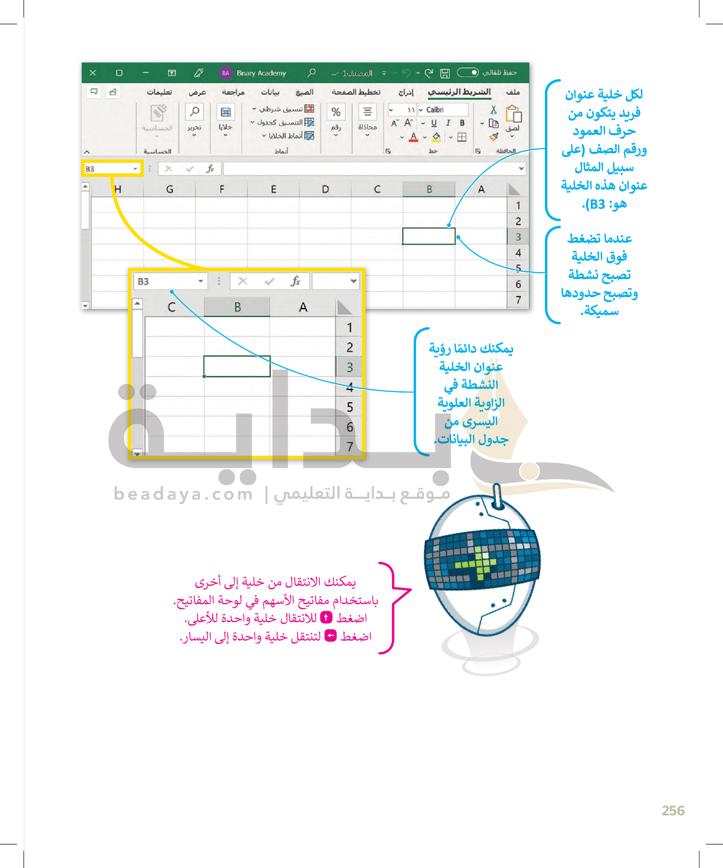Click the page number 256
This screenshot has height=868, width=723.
(673, 810)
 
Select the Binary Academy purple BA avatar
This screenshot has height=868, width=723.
(225, 73)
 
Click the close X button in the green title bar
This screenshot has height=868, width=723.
(93, 73)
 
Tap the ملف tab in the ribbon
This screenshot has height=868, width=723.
(513, 92)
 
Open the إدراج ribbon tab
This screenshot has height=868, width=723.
(406, 92)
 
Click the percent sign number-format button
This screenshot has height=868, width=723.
(336, 112)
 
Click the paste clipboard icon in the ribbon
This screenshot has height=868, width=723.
(513, 114)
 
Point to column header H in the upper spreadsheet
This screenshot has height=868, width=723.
(118, 189)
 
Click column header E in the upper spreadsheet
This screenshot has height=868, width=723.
(273, 189)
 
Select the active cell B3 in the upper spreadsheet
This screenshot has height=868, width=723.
(428, 236)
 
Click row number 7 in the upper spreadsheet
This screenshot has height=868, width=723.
(518, 300)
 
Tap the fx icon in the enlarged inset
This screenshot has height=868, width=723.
(295, 281)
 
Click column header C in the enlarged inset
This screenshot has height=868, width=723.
(172, 307)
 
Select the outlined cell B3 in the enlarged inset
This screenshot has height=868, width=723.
(237, 366)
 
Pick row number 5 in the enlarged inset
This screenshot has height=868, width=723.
(350, 407)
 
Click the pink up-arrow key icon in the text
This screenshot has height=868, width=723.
(326, 618)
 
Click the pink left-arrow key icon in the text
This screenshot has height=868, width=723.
(331, 636)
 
